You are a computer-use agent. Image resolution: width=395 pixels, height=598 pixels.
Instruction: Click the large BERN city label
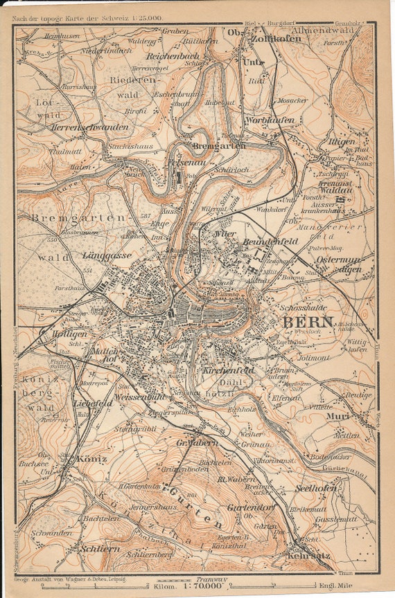coord(308,322)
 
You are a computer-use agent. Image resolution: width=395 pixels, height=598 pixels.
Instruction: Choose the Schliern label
coord(99,547)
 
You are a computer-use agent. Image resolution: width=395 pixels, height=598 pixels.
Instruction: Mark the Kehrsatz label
coord(309,554)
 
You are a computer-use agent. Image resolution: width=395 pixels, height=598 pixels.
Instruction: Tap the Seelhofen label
coord(315,488)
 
